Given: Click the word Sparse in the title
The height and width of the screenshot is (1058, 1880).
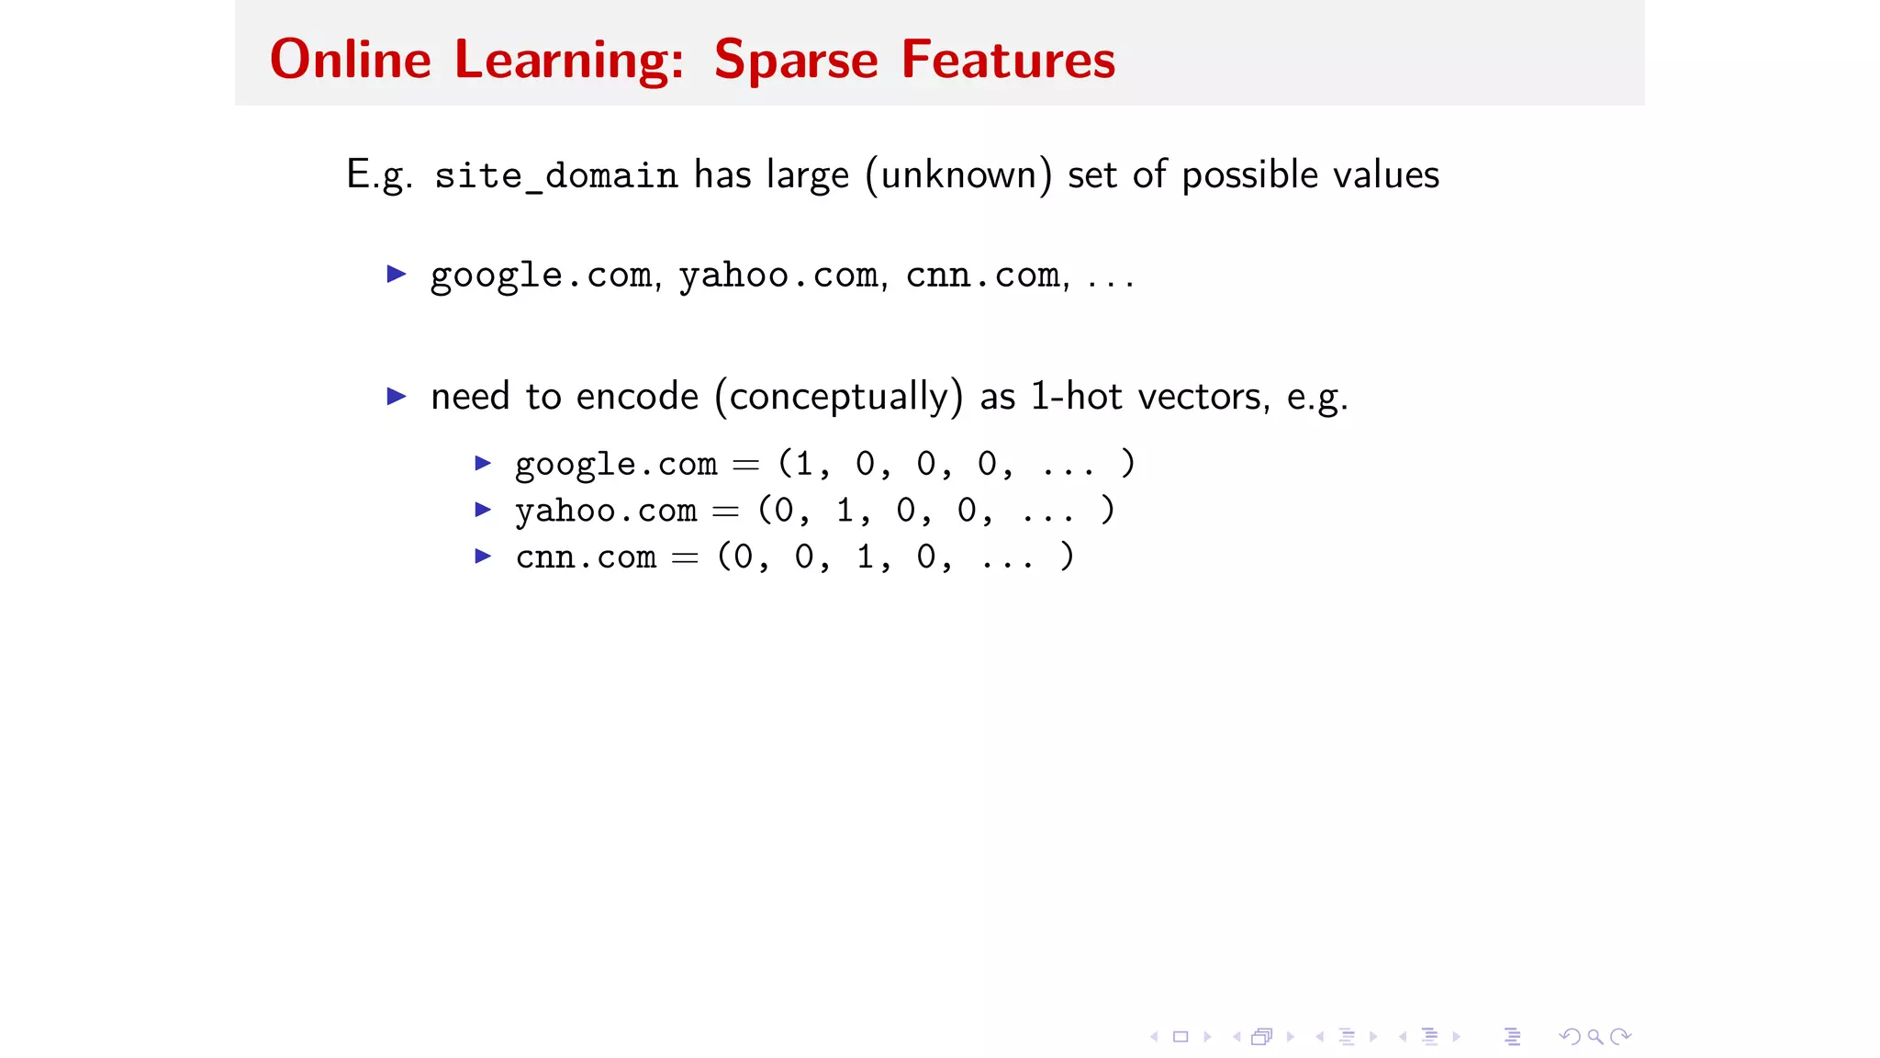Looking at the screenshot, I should click(x=796, y=61).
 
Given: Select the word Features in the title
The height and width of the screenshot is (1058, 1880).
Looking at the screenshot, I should click(x=1008, y=61).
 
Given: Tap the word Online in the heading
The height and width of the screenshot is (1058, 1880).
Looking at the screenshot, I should click(x=350, y=61).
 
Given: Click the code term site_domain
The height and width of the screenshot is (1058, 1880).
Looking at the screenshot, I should click(x=555, y=175).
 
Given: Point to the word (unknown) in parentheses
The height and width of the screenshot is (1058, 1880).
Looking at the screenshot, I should click(x=957, y=174).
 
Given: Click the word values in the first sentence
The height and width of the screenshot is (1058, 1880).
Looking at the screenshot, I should click(x=1386, y=174).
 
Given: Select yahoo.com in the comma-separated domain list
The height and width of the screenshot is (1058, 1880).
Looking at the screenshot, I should click(x=779, y=276).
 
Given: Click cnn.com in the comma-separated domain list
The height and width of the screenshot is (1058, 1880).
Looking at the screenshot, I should click(x=983, y=276).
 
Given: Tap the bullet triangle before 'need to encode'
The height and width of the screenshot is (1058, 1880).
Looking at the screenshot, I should click(x=397, y=396).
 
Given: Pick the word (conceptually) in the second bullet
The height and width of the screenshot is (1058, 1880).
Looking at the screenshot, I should click(x=839, y=397).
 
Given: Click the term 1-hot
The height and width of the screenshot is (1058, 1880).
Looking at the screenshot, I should click(x=1076, y=397).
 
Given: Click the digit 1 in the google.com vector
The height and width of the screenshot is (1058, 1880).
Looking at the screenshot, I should click(x=805, y=464).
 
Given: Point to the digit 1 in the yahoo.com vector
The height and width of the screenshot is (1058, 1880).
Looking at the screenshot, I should click(x=845, y=510).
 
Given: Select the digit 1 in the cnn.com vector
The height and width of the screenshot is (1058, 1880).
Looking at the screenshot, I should click(x=866, y=557).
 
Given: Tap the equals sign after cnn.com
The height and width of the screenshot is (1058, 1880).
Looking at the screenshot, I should click(x=685, y=557).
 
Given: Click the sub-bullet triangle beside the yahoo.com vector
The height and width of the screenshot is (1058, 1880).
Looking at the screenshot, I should click(x=483, y=509).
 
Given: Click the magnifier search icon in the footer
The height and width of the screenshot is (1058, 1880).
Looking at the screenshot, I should click(x=1595, y=1037).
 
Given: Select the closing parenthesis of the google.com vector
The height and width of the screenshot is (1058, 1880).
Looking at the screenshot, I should click(x=1128, y=463).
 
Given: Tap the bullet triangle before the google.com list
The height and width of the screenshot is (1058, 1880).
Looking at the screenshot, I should click(x=397, y=274).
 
